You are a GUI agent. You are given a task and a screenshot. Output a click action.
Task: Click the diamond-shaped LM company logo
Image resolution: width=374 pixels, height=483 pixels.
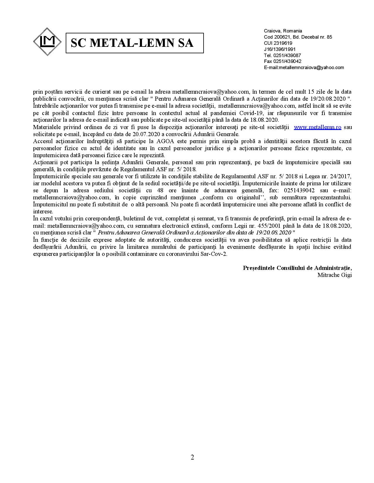[x=47, y=42]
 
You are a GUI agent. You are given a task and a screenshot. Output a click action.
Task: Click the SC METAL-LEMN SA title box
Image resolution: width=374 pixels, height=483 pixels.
[x=135, y=43]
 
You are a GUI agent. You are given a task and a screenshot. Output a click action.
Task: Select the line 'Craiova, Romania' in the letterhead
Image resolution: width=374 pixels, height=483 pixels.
[x=283, y=31]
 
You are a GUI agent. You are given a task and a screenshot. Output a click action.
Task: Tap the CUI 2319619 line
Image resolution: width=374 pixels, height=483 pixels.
[x=278, y=43]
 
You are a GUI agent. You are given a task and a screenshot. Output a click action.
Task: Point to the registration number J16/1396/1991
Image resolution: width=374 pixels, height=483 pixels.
[x=280, y=49]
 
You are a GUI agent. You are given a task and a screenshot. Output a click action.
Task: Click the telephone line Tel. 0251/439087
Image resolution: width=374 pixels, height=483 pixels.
[x=282, y=55]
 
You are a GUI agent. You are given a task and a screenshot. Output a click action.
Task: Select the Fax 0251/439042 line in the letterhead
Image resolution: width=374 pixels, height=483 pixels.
[x=282, y=61]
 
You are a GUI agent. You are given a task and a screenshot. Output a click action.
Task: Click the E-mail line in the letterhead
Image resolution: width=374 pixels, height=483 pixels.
[x=304, y=67]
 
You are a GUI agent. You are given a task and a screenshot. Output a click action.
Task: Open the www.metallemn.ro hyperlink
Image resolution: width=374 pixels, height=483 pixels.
[x=317, y=127]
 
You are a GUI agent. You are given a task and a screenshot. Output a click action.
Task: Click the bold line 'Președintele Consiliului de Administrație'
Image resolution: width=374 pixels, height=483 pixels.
[x=297, y=268]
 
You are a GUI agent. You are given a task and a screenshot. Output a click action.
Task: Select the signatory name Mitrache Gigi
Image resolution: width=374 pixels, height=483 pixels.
[x=334, y=275]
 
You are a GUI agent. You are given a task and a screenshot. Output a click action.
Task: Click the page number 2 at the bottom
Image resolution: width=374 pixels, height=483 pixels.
[x=192, y=457]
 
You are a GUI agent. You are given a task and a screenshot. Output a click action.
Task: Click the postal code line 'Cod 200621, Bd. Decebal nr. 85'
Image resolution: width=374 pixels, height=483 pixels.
[x=298, y=37]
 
